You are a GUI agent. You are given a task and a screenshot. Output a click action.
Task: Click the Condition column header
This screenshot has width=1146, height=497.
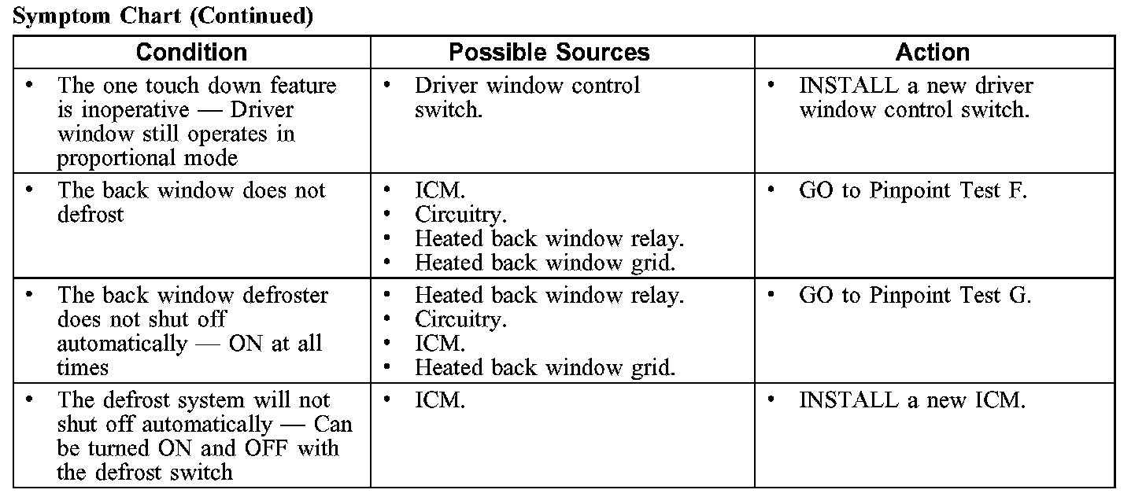click(x=191, y=53)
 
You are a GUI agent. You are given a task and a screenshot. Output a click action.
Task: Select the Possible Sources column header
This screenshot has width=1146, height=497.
click(x=549, y=53)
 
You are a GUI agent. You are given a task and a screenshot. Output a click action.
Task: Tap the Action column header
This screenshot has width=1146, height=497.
click(x=932, y=53)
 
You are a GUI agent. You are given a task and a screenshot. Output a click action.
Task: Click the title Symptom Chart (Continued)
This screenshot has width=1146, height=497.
click(x=163, y=17)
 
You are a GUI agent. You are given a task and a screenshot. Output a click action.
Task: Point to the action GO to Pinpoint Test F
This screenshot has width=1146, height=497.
click(x=913, y=191)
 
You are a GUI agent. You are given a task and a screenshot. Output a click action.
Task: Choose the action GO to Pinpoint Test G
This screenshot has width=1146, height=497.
click(x=915, y=296)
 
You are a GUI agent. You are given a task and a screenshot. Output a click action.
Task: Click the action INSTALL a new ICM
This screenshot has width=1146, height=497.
click(x=912, y=400)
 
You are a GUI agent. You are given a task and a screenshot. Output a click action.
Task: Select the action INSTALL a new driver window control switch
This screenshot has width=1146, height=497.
click(x=915, y=98)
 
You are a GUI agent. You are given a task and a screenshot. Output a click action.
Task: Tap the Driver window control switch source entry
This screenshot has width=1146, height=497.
click(x=527, y=98)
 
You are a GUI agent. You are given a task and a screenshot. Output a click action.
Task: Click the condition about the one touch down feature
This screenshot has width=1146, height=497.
click(x=197, y=122)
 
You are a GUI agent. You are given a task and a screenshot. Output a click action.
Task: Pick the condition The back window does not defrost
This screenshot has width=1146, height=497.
click(x=191, y=203)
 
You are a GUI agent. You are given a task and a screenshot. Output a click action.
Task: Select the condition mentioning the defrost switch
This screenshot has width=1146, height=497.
click(x=204, y=436)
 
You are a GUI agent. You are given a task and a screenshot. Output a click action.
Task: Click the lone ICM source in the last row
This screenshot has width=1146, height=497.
click(x=440, y=400)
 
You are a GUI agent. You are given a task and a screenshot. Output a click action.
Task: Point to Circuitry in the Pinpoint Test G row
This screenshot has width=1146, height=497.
click(x=460, y=320)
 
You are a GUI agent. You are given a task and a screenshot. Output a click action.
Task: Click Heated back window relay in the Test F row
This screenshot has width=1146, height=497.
click(x=549, y=238)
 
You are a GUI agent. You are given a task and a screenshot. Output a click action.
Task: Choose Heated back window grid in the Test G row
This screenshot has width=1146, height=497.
click(x=545, y=367)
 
